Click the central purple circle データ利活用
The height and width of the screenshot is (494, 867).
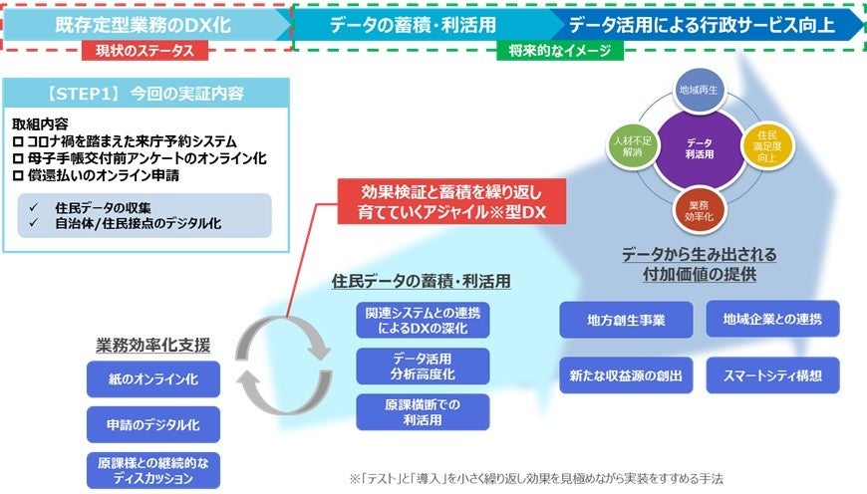point(699,149)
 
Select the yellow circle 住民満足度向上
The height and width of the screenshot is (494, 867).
point(767,147)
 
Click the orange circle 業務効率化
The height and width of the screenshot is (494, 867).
point(700,206)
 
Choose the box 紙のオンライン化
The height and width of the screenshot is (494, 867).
point(153,379)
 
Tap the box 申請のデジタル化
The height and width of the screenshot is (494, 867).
point(153,424)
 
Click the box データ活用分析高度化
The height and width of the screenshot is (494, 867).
point(423,366)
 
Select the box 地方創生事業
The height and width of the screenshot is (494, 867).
point(625,320)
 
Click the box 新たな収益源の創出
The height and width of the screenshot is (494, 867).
point(625,374)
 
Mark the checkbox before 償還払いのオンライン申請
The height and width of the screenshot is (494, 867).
point(18,174)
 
